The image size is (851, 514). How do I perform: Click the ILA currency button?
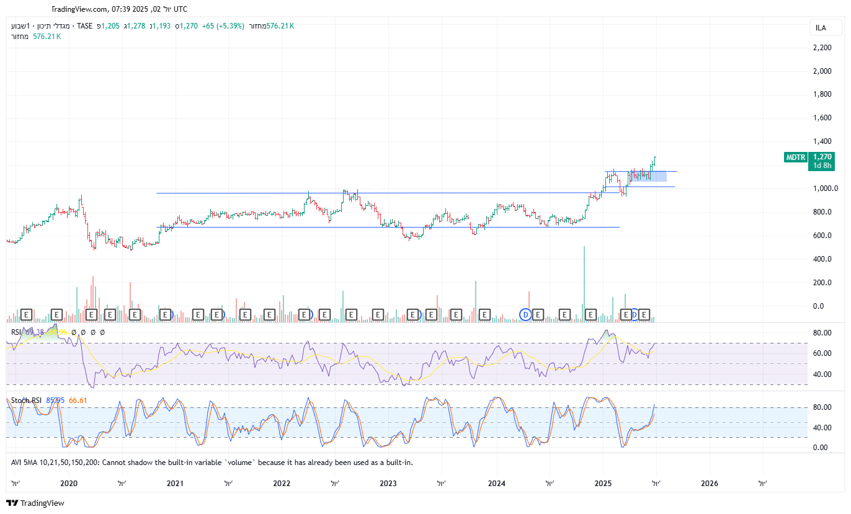821,28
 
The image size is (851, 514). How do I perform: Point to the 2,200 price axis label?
822,48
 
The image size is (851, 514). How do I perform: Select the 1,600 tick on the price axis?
822,118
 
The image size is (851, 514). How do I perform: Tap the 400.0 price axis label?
822,259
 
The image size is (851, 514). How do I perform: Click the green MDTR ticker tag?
795,157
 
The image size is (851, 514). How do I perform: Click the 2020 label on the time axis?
69,484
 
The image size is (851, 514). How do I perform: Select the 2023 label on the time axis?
388,484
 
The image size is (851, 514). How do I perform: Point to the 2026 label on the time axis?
709,484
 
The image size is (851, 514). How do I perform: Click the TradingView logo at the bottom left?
35,503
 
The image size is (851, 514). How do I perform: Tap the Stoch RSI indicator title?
26,401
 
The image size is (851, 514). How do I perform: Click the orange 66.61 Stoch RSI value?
78,401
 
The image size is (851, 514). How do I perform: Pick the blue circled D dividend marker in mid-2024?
525,315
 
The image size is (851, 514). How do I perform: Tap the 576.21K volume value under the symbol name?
47,37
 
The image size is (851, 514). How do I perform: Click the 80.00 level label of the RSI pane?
822,333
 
